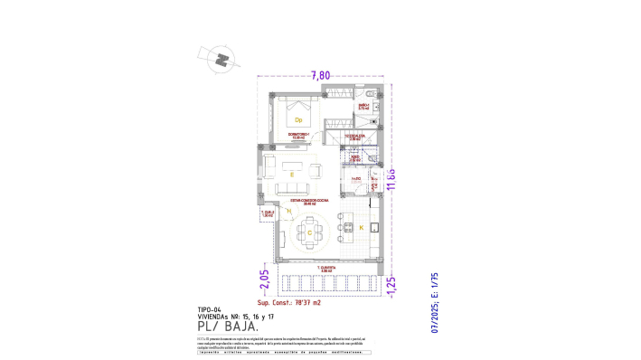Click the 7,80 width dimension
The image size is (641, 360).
point(320,76)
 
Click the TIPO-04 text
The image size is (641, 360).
point(209,308)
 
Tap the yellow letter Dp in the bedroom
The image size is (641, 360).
point(298,119)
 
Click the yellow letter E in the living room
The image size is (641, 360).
point(292,172)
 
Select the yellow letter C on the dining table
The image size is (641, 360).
point(310,232)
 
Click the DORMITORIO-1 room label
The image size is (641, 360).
point(298,136)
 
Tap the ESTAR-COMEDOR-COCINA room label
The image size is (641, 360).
point(302,202)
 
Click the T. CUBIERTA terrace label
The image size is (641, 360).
point(326,269)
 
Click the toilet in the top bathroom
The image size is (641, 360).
point(371,93)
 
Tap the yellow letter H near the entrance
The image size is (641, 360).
point(287,211)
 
